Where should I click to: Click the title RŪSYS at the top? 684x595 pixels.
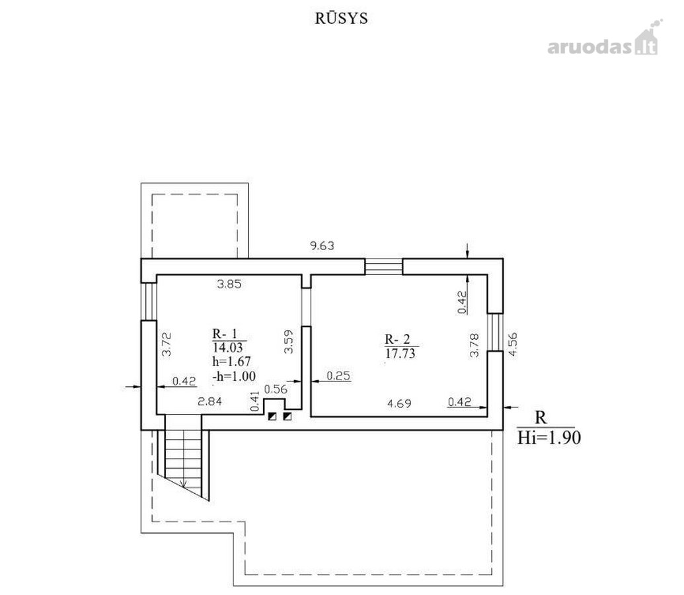pyautogui.click(x=342, y=19)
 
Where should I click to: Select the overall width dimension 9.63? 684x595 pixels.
pyautogui.click(x=322, y=246)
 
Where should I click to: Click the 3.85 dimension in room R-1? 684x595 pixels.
pyautogui.click(x=229, y=284)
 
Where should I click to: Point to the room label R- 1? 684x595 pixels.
pyautogui.click(x=225, y=334)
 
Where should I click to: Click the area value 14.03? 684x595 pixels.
pyautogui.click(x=227, y=348)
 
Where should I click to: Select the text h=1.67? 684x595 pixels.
pyautogui.click(x=232, y=362)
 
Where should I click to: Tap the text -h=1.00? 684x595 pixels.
pyautogui.click(x=234, y=376)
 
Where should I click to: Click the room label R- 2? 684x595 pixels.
pyautogui.click(x=397, y=339)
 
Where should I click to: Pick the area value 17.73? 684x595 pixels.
pyautogui.click(x=400, y=354)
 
